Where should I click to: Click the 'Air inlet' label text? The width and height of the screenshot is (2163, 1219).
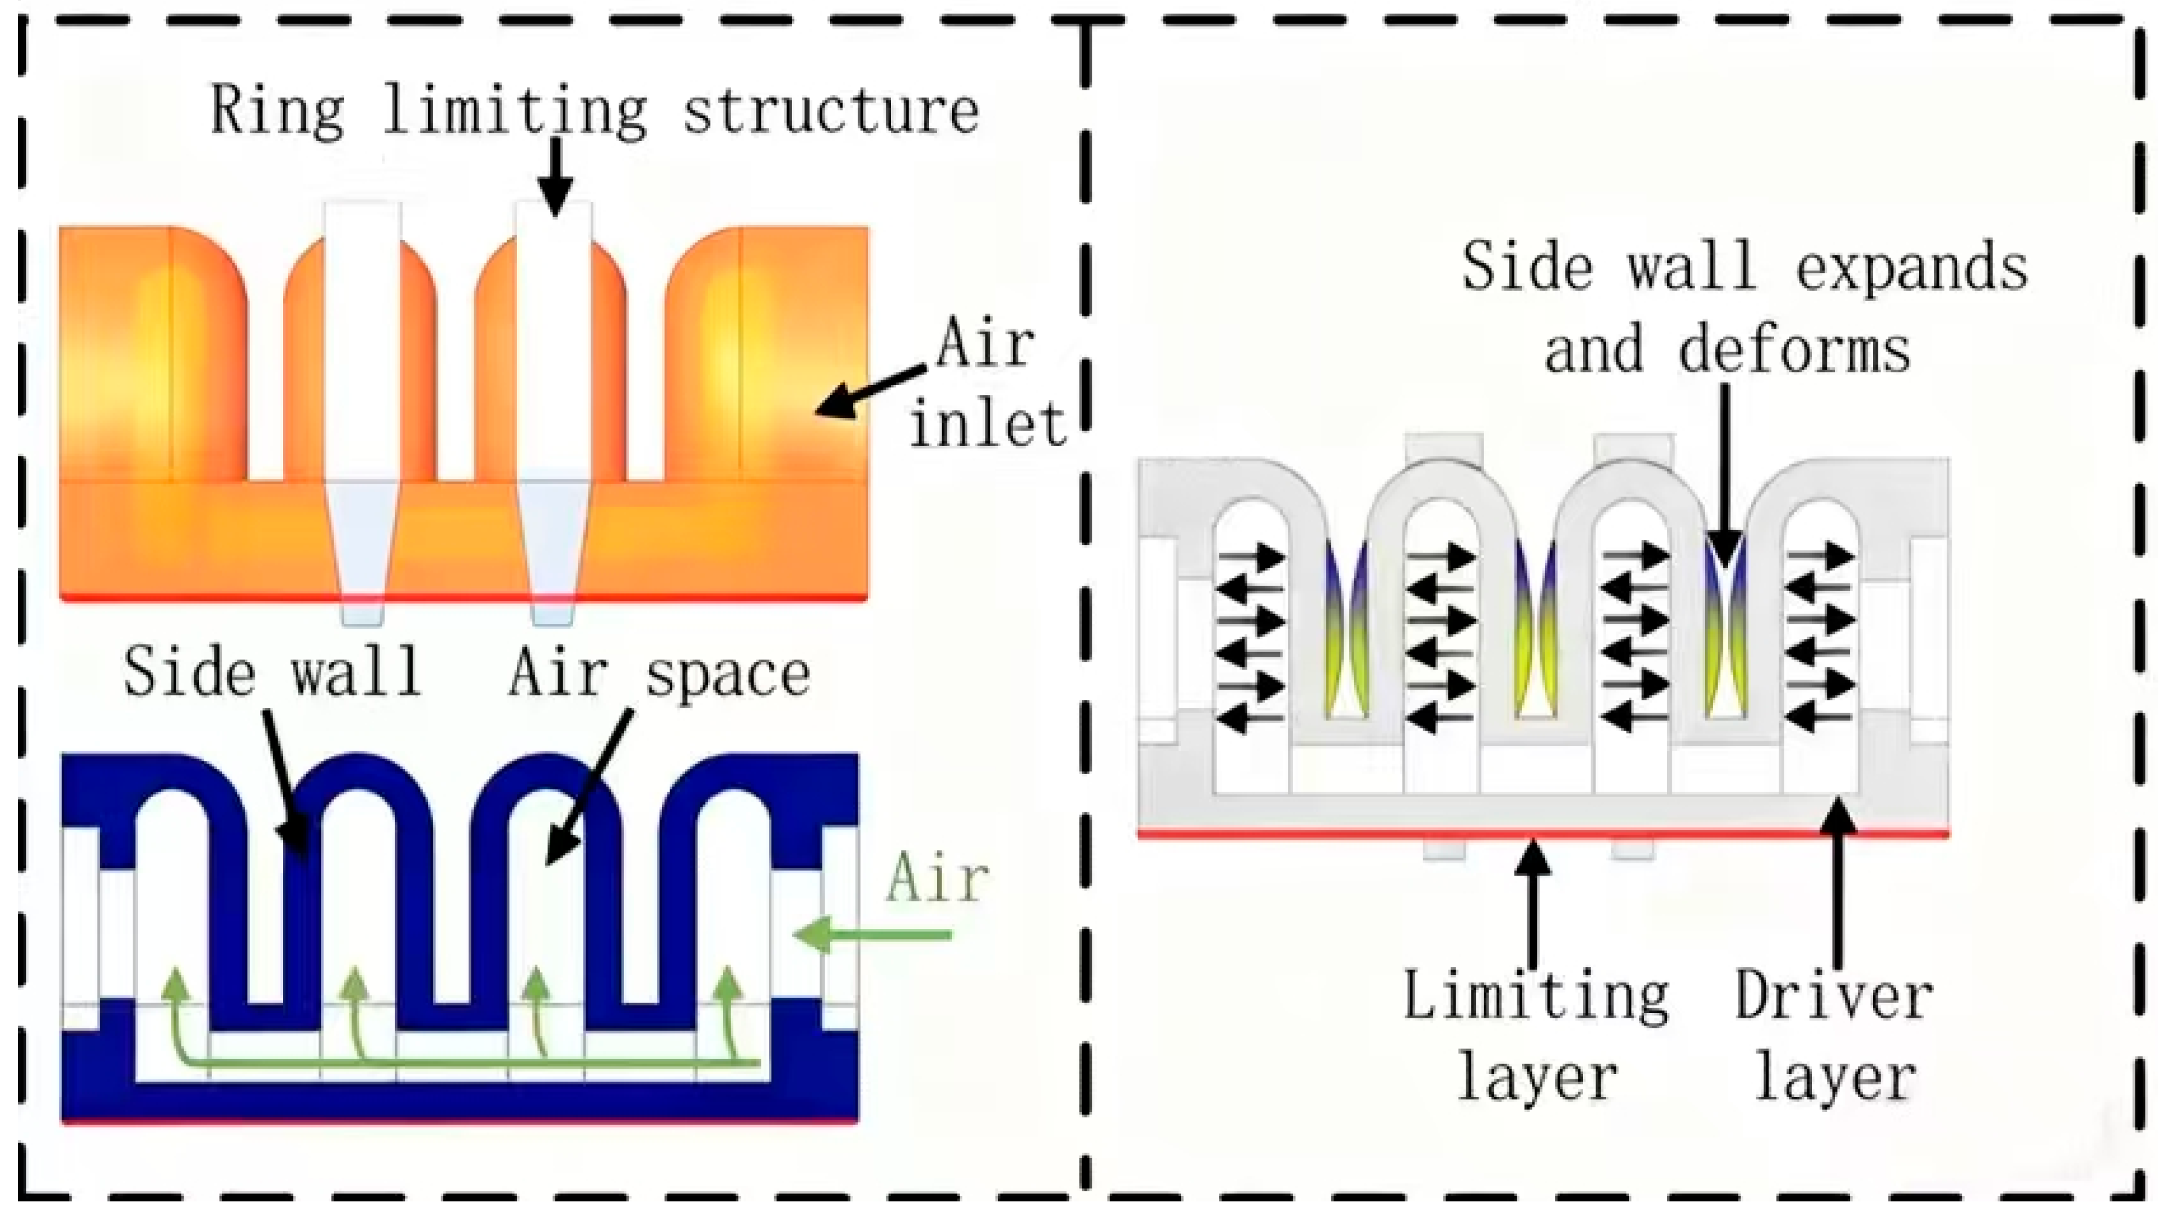coord(987,384)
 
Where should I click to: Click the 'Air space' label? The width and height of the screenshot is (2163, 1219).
coord(659,674)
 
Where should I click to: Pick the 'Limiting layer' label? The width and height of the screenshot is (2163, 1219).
coord(1536,1038)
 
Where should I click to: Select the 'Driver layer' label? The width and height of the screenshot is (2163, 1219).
coord(1835,1038)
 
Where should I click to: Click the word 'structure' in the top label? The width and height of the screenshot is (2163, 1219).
coord(831,112)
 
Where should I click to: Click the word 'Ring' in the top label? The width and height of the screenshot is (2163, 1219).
coord(276,112)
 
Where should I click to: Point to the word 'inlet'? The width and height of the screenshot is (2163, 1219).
coord(988,424)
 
